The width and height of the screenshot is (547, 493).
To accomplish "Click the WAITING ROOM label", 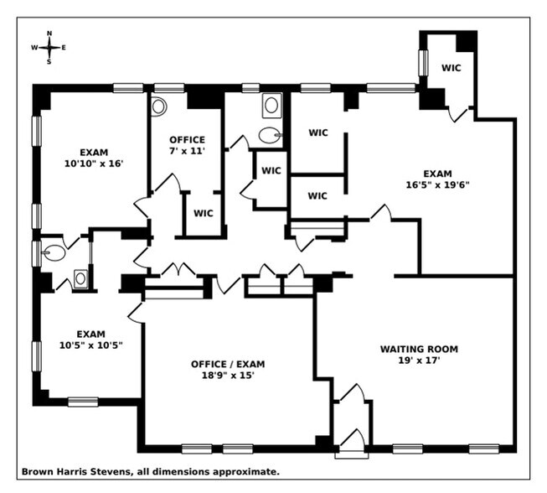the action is [x=419, y=349].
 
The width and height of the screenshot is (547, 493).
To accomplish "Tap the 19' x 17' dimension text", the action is [x=420, y=360].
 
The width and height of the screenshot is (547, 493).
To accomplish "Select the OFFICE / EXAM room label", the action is [x=228, y=364].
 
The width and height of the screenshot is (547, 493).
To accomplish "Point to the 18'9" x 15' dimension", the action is [x=228, y=376].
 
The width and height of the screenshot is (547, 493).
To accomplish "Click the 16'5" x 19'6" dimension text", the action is [x=437, y=184].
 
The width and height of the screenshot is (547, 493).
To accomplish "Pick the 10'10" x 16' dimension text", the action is [x=94, y=163].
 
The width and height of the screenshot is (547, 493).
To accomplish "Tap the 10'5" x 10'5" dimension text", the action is [x=90, y=345].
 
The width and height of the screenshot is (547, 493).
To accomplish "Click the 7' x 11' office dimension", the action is [x=187, y=151].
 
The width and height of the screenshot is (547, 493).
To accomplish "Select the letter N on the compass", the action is [x=49, y=34].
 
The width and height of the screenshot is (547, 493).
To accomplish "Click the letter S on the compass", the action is [x=49, y=62].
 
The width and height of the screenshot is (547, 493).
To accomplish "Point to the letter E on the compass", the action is [x=64, y=48].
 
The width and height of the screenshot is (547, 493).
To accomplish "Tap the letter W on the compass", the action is [x=34, y=48].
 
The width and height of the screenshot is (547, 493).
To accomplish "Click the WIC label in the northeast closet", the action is [x=451, y=68].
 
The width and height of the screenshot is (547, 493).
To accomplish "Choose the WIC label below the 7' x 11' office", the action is [x=204, y=213].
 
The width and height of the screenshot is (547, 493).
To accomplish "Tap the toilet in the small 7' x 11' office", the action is [x=158, y=106].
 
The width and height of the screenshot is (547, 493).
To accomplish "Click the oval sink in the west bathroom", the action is [x=53, y=252].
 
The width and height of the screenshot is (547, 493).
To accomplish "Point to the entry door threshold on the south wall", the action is [x=351, y=455].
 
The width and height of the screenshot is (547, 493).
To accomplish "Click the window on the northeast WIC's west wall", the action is [x=423, y=63].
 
